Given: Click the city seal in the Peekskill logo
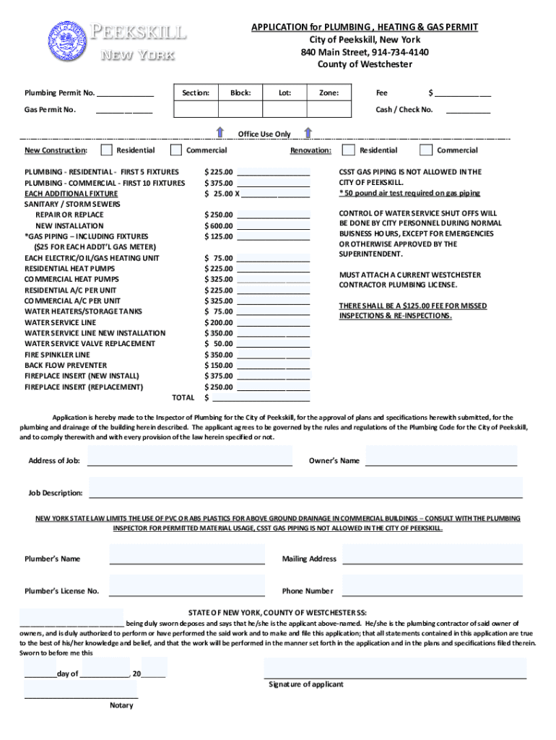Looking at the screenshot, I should coord(66,40).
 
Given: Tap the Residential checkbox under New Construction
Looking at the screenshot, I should coord(106,150).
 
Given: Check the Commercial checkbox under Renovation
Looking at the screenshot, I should coord(425,150).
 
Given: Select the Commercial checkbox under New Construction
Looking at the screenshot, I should coord(175,150).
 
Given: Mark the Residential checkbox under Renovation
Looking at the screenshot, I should coord(348,150).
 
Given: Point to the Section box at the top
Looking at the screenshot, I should coord(196,100).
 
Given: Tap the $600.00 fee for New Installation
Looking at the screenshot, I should coord(219,225).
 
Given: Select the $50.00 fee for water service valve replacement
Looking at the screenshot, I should coord(219,344).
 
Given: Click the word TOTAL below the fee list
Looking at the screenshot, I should coord(183,397).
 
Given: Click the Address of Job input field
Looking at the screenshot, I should coord(189,456).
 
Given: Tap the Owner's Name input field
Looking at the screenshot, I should coord(441,456).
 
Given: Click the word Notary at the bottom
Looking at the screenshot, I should coord(121,705).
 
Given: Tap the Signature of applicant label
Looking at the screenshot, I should coord(306,684).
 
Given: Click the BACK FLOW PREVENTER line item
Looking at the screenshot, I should coord(66,366).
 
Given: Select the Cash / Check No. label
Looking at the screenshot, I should coord(404,110).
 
